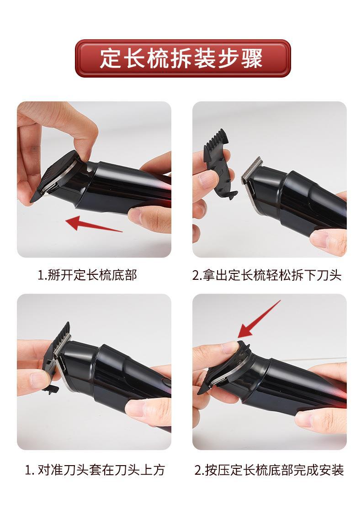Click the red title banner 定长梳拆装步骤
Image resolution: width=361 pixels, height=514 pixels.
point(183,58)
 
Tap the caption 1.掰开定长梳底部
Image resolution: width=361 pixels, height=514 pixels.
point(87,275)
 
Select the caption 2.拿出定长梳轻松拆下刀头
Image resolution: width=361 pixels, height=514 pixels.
point(267,275)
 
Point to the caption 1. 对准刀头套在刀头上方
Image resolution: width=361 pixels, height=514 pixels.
point(95,470)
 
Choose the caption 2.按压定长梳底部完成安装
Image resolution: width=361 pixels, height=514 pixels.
point(269,470)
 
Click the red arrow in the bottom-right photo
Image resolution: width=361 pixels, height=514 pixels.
point(259,319)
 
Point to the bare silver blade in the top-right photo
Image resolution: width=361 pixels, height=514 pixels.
point(251,170)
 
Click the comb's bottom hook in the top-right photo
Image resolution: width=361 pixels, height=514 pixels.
point(232,196)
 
